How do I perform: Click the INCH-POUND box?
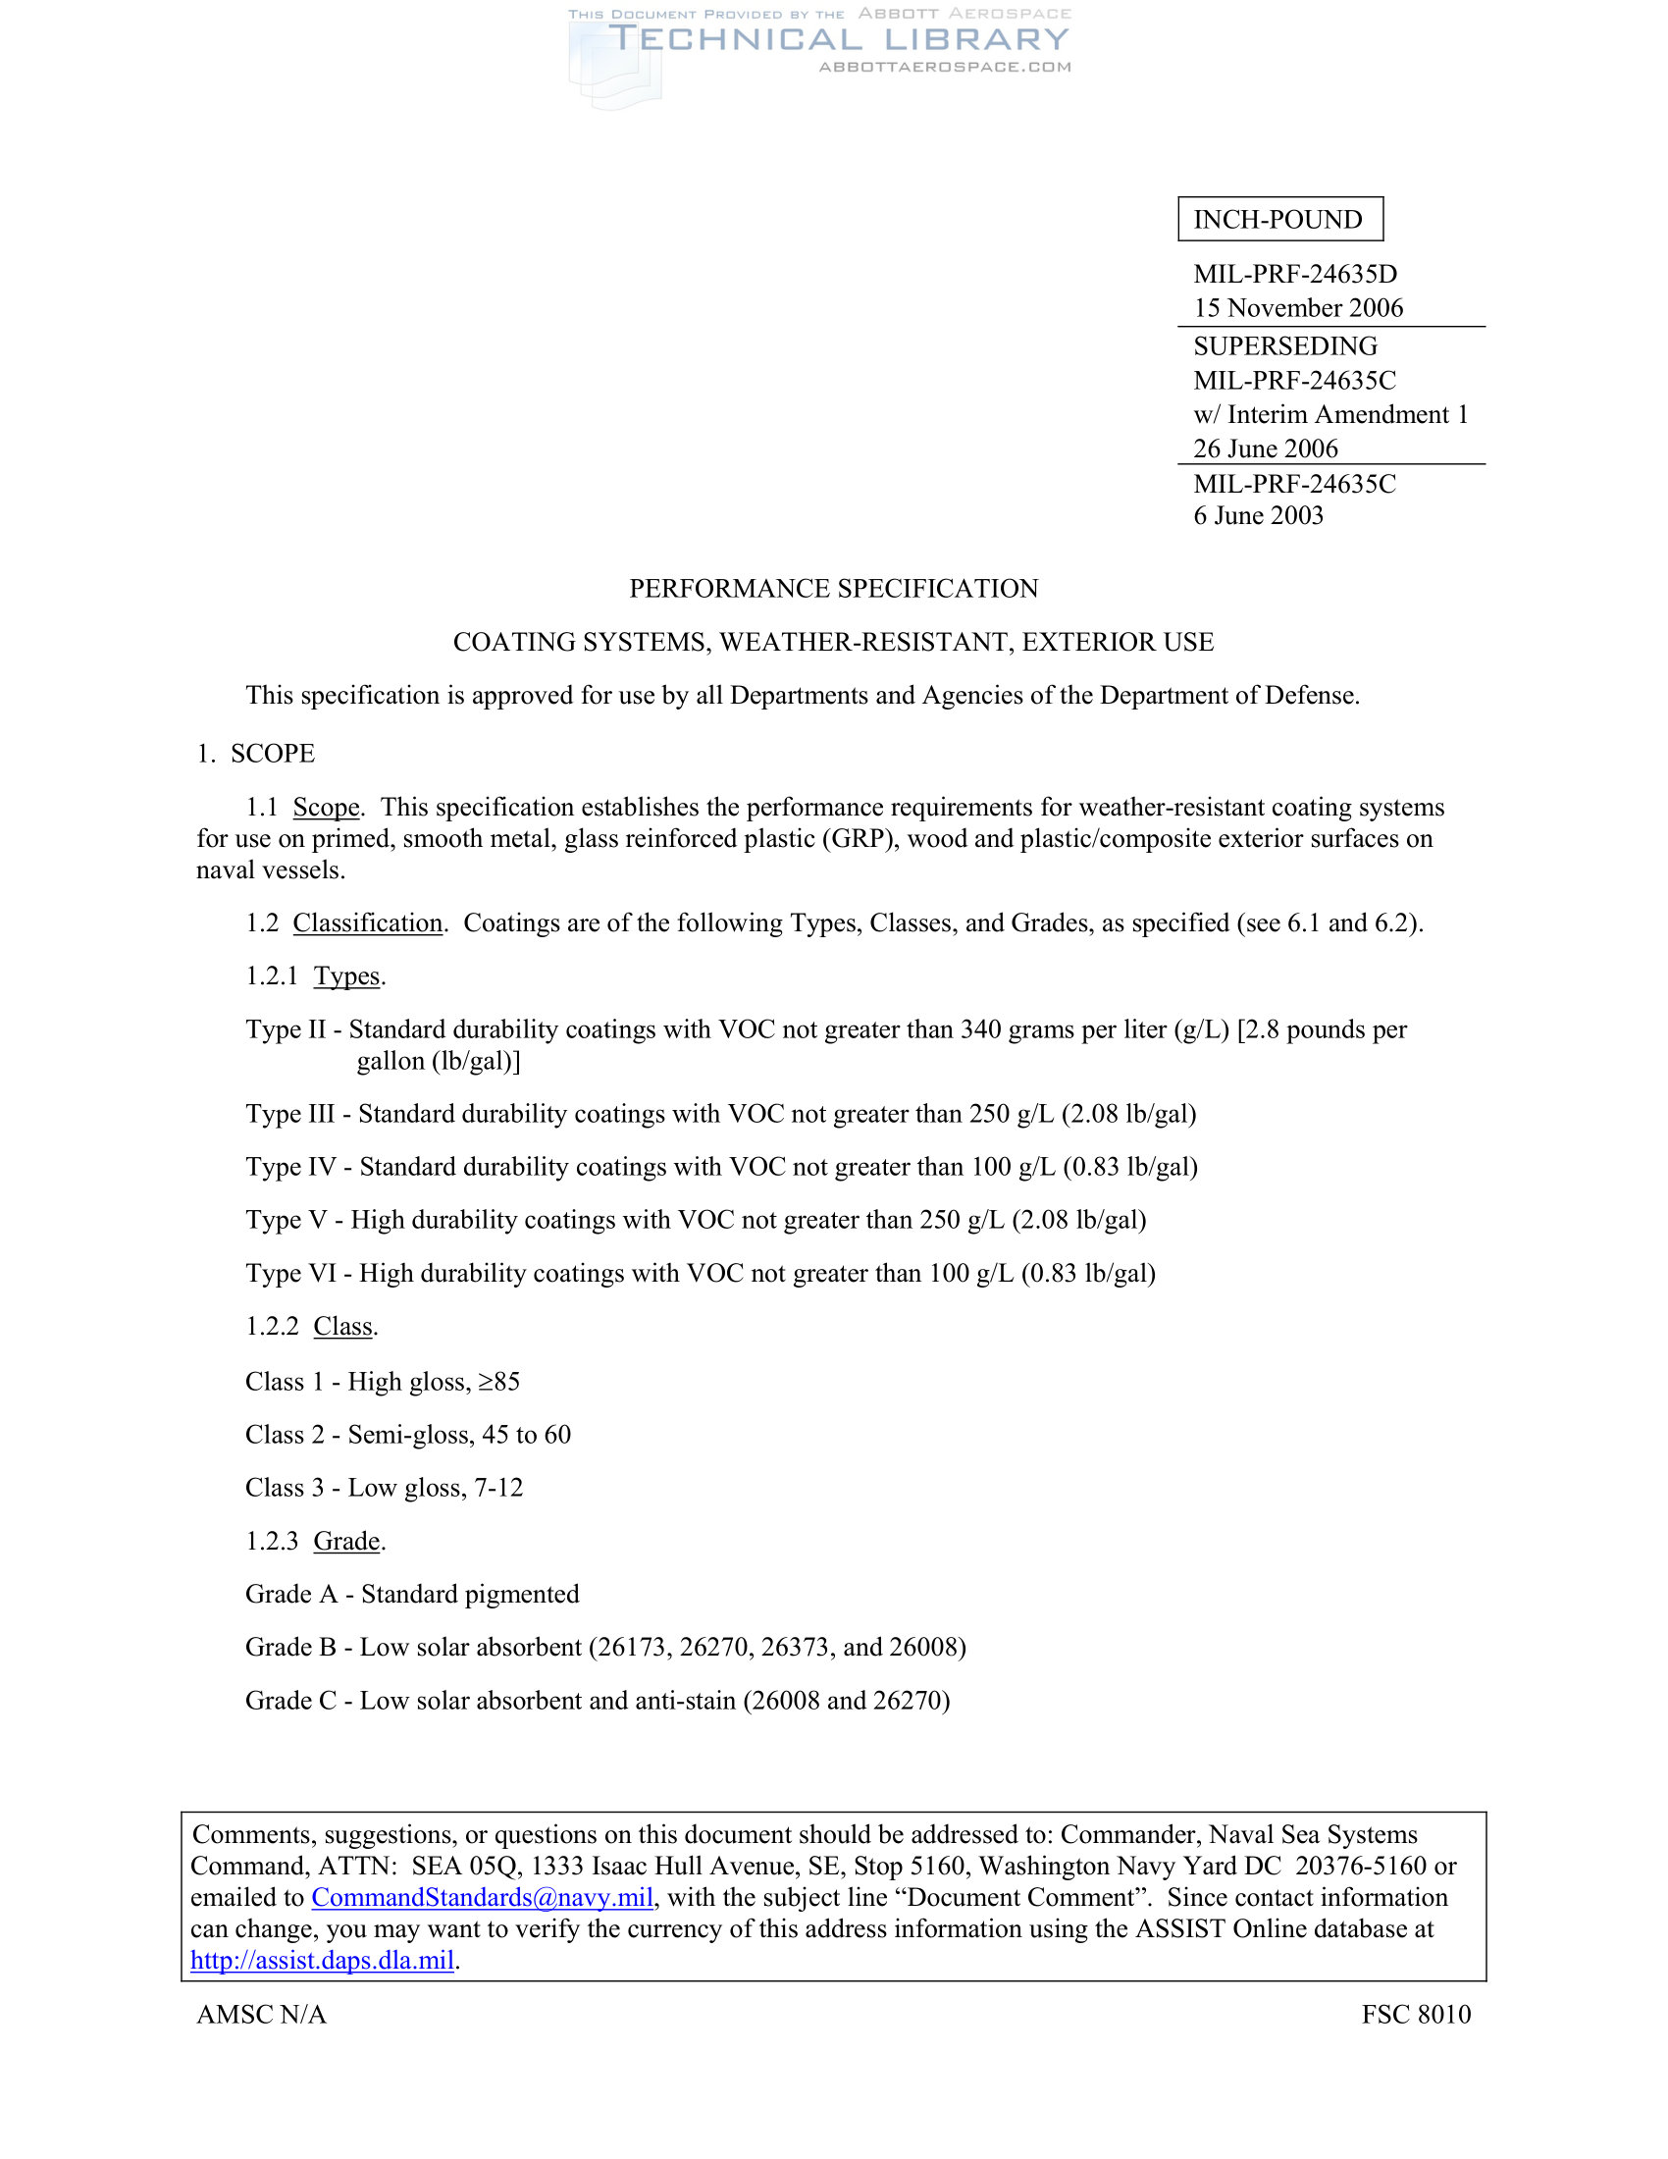1278,220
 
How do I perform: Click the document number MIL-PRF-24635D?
1294,274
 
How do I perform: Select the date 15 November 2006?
1297,307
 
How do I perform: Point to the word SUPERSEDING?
1284,346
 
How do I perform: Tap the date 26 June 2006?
1265,448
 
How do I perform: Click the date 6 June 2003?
1257,515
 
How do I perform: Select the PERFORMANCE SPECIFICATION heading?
833,588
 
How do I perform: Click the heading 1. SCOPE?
256,754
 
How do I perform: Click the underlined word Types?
346,975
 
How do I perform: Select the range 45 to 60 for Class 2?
526,1435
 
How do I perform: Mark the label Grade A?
290,1594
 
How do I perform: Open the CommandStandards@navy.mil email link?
482,1897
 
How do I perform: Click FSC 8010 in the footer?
1415,2014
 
